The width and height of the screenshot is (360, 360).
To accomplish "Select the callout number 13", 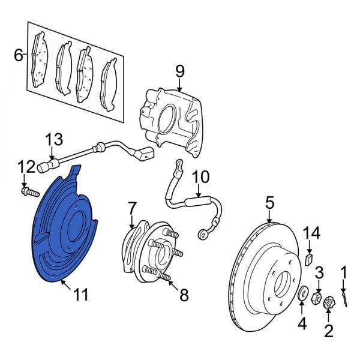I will click(55, 140).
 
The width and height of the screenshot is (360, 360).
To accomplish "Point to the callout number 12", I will click(26, 166).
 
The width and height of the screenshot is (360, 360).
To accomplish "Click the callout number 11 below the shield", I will click(80, 294).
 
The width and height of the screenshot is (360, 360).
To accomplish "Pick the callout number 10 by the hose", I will click(200, 177).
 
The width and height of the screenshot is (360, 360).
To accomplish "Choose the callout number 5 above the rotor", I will click(270, 203).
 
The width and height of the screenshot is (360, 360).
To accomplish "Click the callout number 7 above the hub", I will click(132, 208).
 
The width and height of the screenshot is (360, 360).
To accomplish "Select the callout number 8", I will click(184, 295).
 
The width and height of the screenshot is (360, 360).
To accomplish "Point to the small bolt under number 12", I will click(28, 193).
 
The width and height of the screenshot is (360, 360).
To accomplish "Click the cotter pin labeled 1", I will click(344, 296).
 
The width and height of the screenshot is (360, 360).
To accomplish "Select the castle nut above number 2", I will click(328, 304).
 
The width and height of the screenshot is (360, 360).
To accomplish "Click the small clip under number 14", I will click(308, 259).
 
